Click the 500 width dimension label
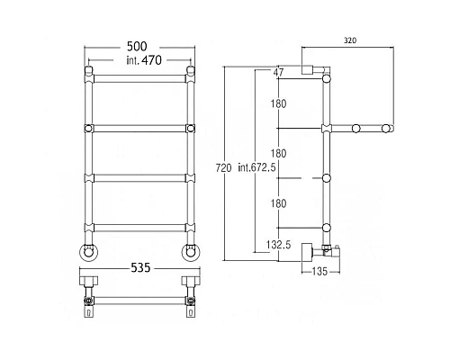click(x=137, y=47)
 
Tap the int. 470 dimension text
click(x=144, y=60)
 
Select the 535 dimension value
click(x=140, y=267)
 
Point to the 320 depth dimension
click(x=350, y=40)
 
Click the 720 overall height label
click(x=224, y=168)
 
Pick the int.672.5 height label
click(x=256, y=167)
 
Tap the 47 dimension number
click(x=278, y=72)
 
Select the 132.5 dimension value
click(x=278, y=245)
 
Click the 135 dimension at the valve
click(x=319, y=272)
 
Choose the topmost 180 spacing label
click(x=278, y=103)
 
